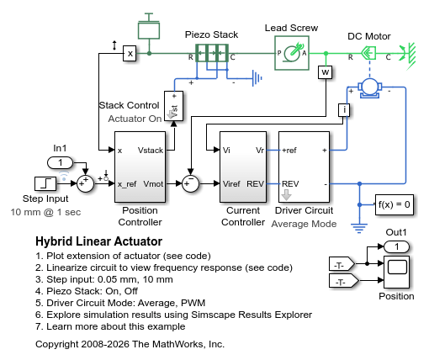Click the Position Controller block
[140, 167]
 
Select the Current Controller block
[243, 167]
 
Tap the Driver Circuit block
[304, 167]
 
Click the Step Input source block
[45, 183]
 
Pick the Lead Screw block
[292, 53]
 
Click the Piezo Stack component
[212, 53]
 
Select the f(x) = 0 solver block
[395, 204]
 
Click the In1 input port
[60, 162]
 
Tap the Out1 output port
[396, 246]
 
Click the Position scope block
[396, 272]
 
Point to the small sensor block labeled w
[326, 72]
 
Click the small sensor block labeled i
[344, 110]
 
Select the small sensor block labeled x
[130, 53]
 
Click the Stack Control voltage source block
[174, 106]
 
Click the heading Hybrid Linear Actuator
[99, 241]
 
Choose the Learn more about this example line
[110, 326]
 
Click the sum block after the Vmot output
[190, 183]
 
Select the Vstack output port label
[151, 151]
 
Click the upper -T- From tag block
[342, 264]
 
